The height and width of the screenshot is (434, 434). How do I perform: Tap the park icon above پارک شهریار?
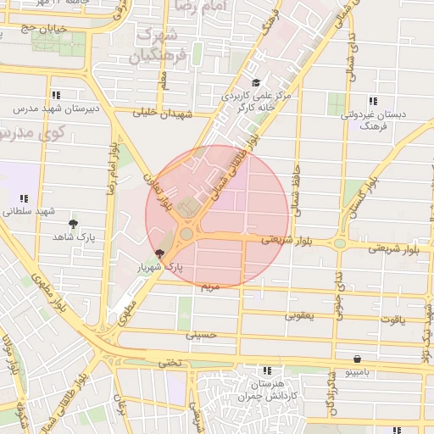(x=160, y=253)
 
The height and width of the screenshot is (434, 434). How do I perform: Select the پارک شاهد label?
(x=75, y=237)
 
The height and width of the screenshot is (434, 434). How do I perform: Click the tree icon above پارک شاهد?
(x=74, y=224)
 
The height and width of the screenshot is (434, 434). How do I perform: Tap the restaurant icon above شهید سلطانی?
(x=21, y=198)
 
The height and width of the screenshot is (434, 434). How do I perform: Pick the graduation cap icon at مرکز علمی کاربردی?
(x=256, y=82)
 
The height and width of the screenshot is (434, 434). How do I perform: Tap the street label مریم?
(x=209, y=287)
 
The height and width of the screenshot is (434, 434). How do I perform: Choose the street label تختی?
(x=171, y=362)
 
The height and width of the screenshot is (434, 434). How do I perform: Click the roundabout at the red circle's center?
(x=186, y=233)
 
